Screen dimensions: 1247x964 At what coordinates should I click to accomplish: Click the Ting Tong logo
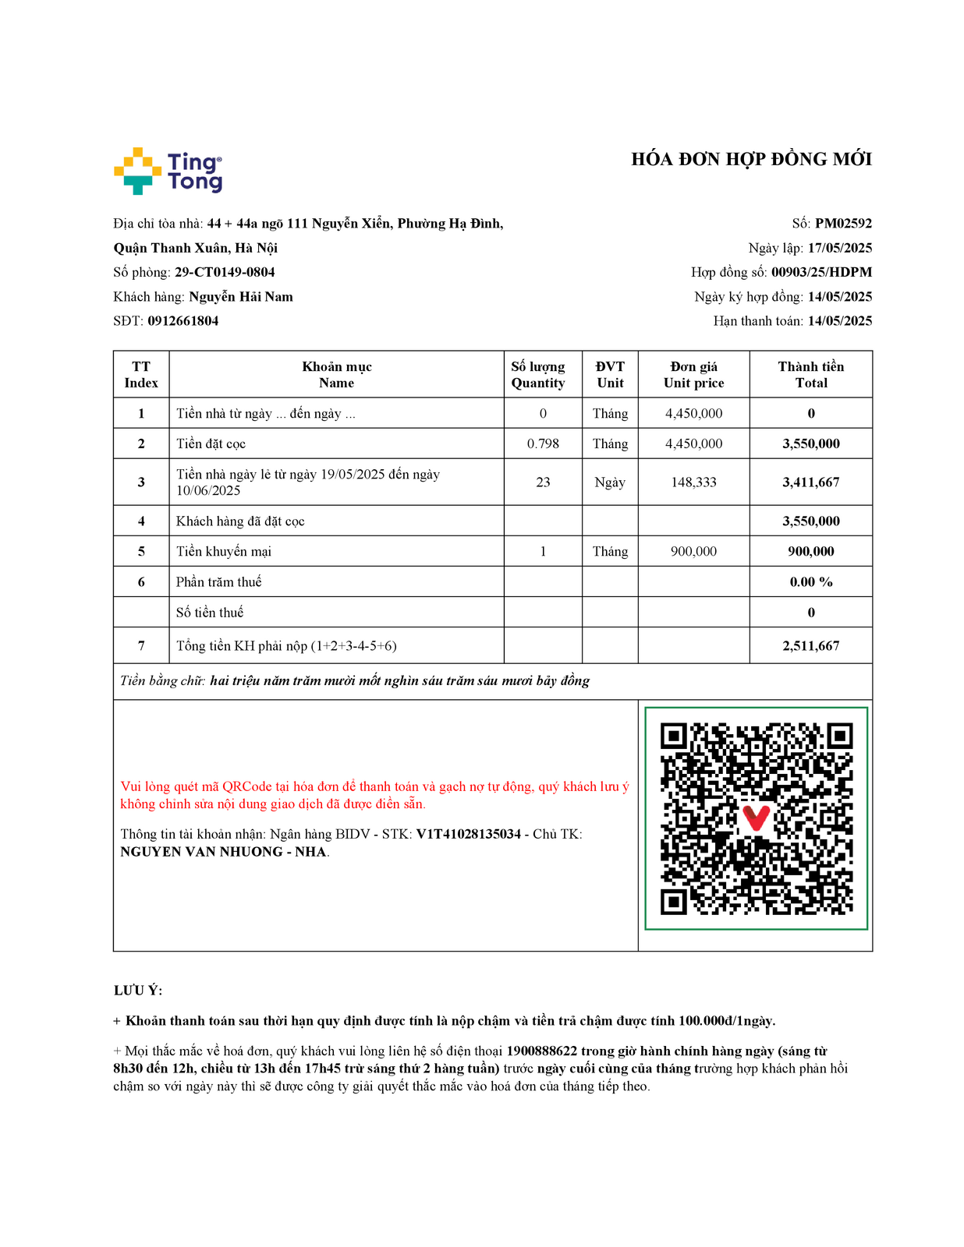coord(168,171)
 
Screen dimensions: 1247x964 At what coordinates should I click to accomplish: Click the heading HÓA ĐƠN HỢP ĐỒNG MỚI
coord(751,160)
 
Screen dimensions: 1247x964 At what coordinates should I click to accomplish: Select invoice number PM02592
coord(843,224)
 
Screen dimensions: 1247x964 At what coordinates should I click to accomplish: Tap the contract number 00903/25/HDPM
coord(821,272)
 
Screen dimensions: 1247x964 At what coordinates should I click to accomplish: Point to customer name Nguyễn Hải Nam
coord(241,297)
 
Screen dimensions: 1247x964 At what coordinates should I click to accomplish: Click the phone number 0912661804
coord(183,321)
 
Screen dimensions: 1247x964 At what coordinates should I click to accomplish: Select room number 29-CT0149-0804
coord(225,272)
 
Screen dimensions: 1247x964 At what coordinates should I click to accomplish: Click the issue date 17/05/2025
coord(839,248)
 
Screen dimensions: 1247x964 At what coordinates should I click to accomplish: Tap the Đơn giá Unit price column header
coord(693,375)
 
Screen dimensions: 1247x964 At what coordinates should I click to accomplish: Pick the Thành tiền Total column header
coord(810,375)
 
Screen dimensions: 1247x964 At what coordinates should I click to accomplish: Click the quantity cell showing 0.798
coord(543,443)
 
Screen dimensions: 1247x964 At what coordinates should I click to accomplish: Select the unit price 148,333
coord(693,482)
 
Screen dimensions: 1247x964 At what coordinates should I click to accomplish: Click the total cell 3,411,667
coord(810,482)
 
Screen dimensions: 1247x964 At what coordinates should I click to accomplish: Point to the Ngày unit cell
coord(610,482)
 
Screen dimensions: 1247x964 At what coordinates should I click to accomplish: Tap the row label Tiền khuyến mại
coord(224,552)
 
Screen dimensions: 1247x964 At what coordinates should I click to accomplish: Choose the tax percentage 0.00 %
coord(810,582)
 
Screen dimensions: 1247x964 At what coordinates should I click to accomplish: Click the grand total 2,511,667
coord(810,646)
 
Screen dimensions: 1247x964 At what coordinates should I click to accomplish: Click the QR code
coord(756,818)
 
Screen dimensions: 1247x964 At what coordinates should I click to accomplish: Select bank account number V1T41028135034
coord(468,834)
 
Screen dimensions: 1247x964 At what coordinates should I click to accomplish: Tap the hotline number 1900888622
coord(541,1051)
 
